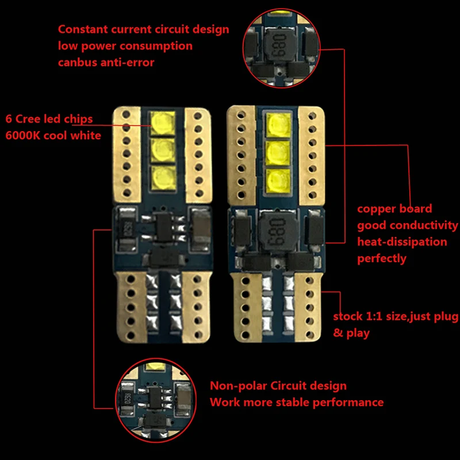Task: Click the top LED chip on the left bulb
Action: [162, 122]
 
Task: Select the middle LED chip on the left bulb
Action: [162, 148]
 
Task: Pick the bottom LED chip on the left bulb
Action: [162, 174]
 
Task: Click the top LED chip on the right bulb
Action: [279, 124]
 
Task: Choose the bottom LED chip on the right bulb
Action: [279, 179]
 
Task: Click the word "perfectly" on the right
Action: [382, 258]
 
